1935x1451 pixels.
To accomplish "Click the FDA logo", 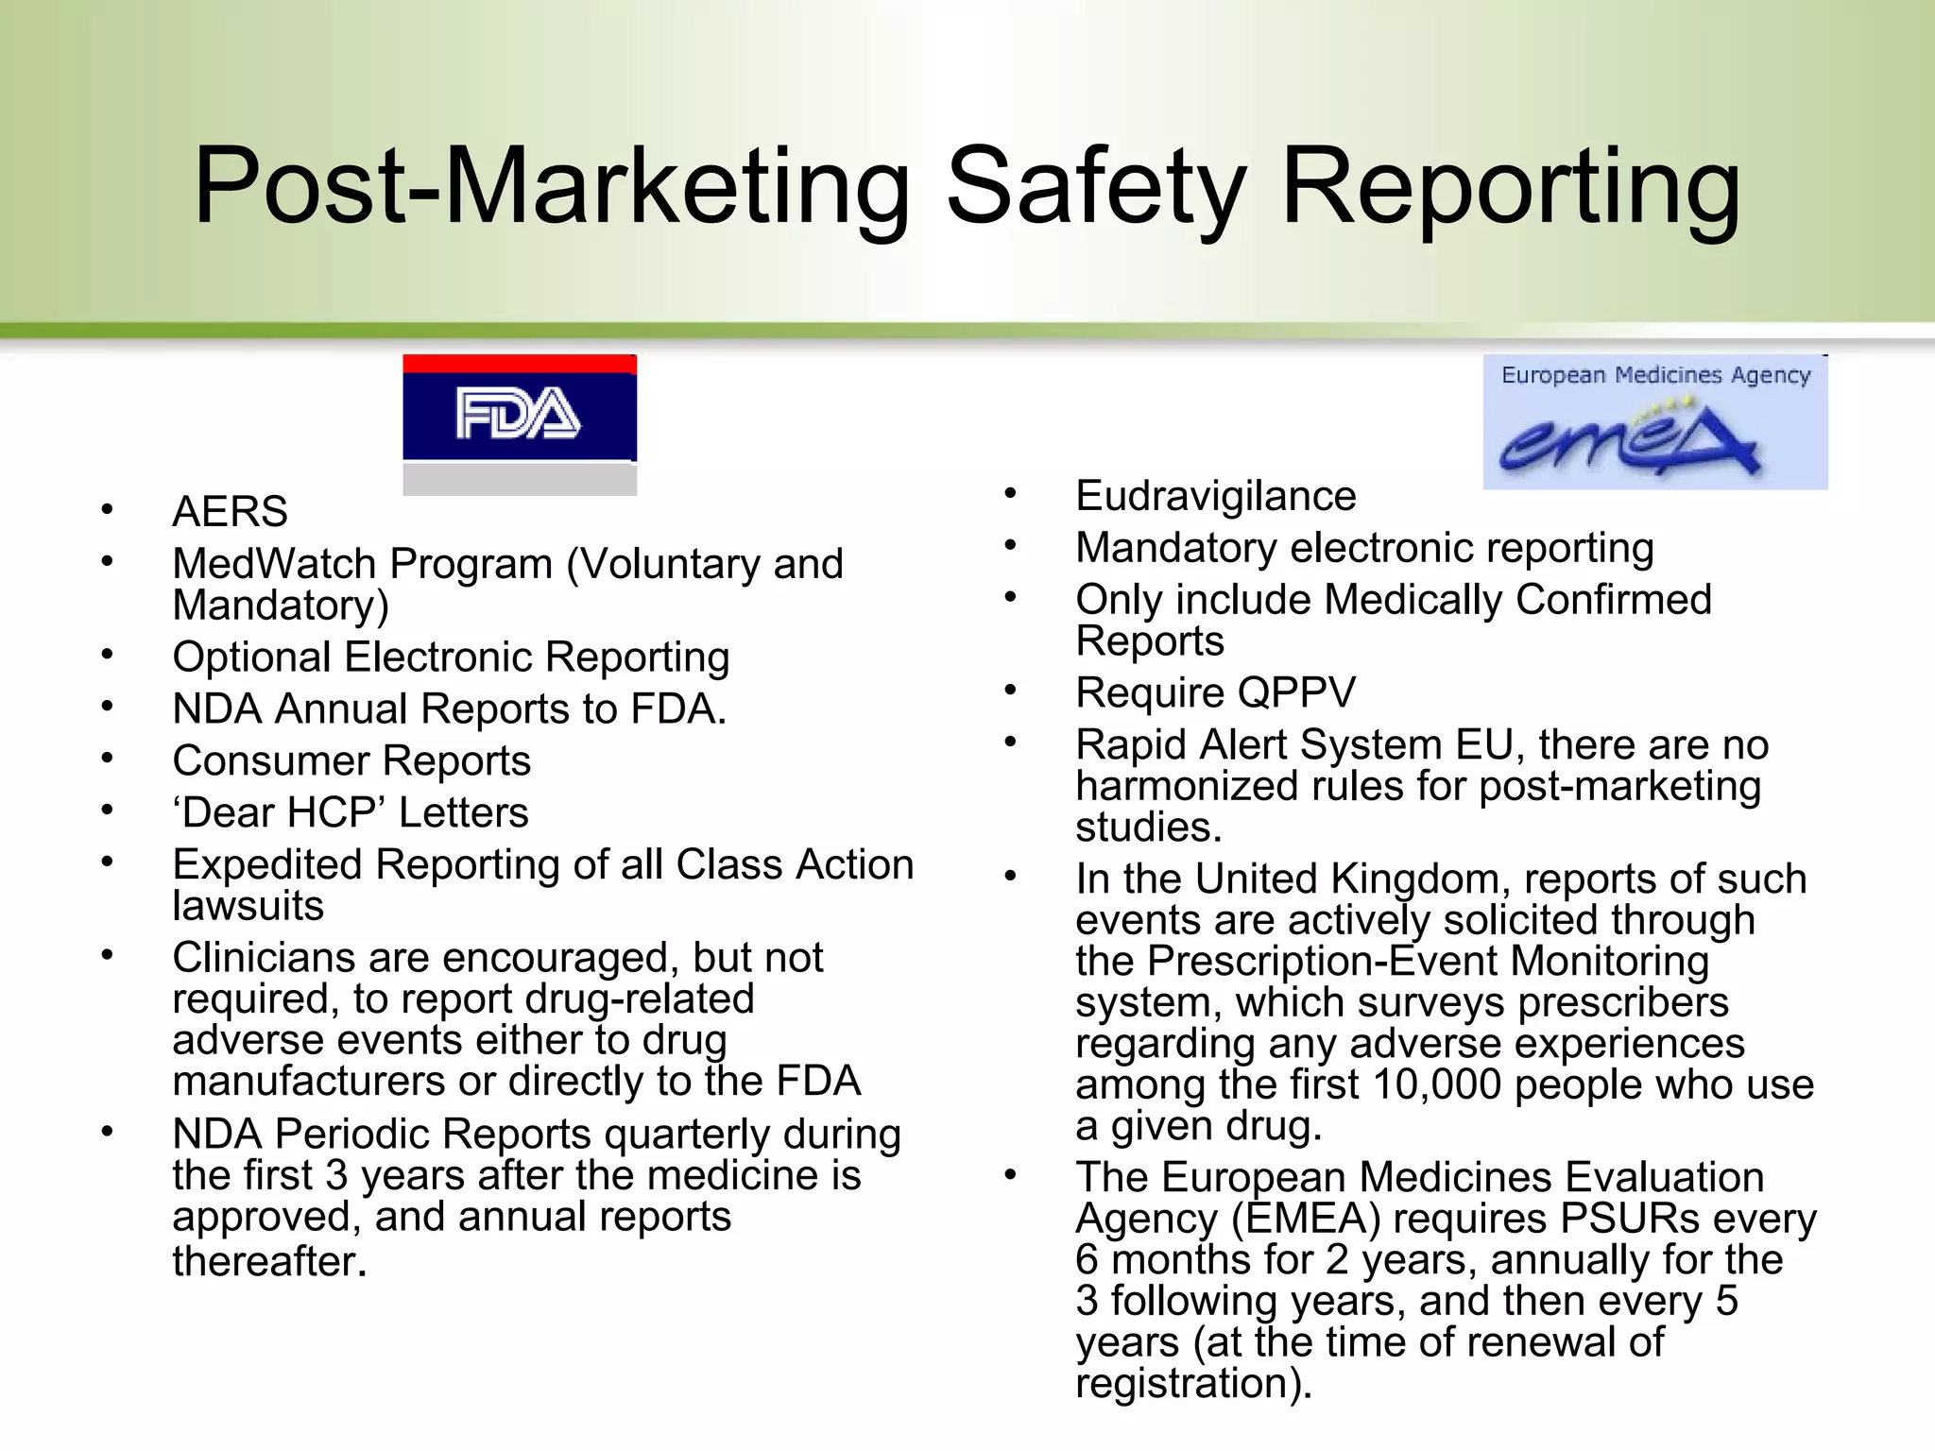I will point(519,415).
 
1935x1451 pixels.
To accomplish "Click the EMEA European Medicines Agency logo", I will point(1654,423).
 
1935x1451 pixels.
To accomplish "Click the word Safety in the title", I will point(1096,186).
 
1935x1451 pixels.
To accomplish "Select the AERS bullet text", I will point(230,512).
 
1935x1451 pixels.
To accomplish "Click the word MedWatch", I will point(273,564).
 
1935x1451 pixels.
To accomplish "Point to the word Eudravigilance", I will point(1215,497).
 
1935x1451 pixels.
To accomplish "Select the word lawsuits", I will point(248,906).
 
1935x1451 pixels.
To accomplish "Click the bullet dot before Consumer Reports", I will point(108,760).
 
